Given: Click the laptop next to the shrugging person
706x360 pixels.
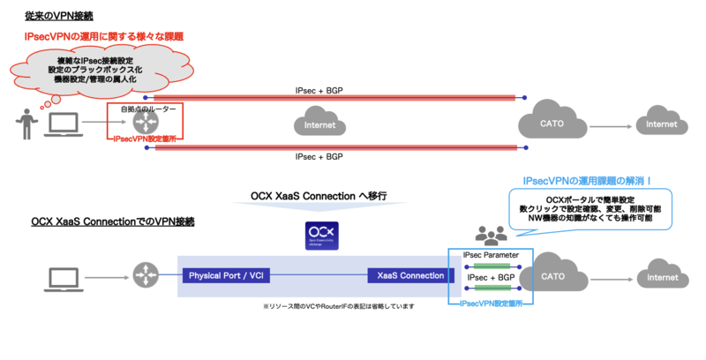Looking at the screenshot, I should click(x=62, y=125).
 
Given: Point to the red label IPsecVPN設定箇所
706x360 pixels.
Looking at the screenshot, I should click(x=145, y=139).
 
